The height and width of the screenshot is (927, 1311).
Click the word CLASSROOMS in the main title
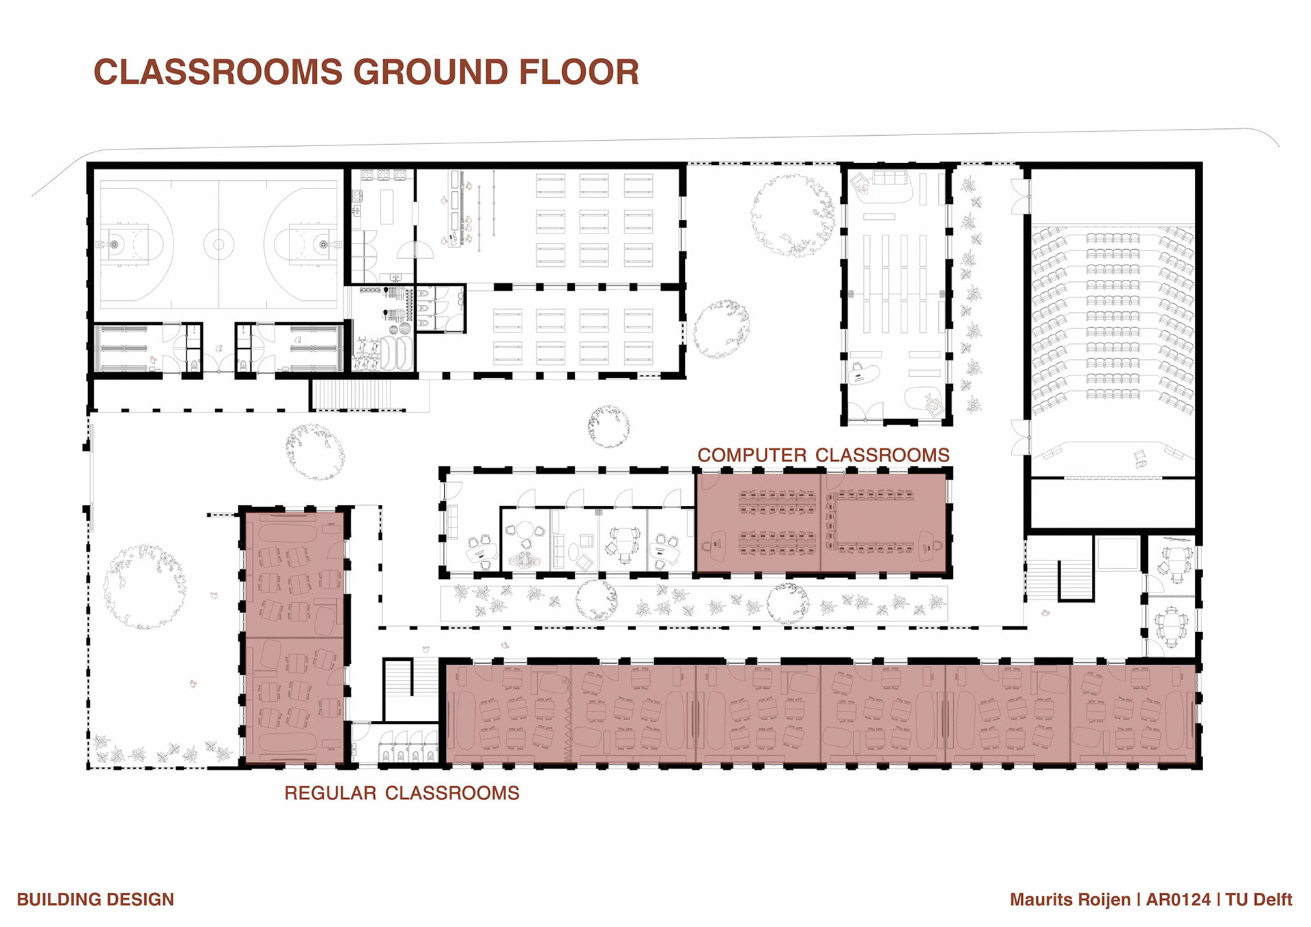click(218, 72)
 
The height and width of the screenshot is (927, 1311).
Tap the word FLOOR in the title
click(579, 72)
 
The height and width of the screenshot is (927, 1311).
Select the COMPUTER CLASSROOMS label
click(823, 455)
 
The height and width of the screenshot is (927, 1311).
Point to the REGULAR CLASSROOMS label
click(402, 793)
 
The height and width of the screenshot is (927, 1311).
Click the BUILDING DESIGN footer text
click(96, 900)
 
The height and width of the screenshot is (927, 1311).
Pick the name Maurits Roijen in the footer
click(1070, 900)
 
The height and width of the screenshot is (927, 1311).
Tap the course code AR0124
click(1178, 900)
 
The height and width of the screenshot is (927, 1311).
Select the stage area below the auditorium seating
click(1112, 459)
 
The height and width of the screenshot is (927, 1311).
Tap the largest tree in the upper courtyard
click(793, 216)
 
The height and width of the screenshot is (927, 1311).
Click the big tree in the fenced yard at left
click(145, 586)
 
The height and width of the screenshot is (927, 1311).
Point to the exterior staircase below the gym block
click(353, 395)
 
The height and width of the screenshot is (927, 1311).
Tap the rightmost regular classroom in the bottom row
click(1133, 714)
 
